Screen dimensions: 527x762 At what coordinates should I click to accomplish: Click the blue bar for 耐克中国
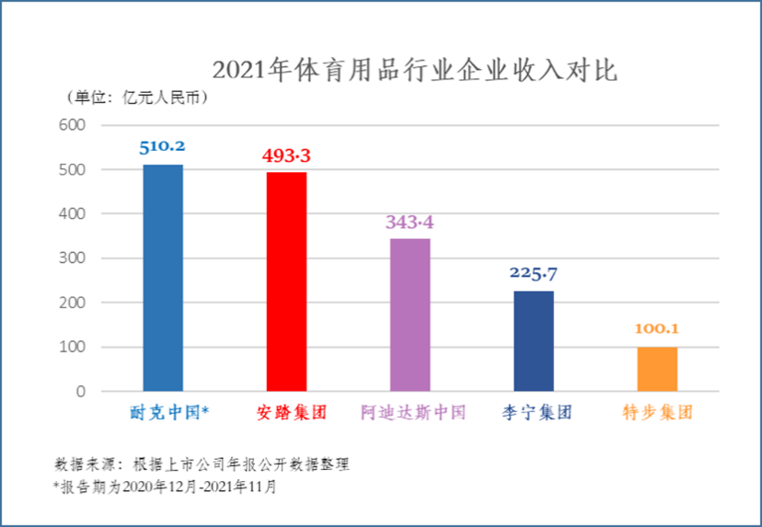click(x=163, y=278)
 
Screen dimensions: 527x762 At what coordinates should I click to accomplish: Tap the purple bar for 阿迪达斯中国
click(x=410, y=315)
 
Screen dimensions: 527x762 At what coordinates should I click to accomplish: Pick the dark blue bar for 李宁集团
click(x=534, y=341)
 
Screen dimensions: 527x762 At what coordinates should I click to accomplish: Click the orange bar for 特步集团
click(x=657, y=369)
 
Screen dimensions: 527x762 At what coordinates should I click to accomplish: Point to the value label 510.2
click(x=163, y=146)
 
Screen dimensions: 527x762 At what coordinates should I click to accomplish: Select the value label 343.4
click(x=410, y=222)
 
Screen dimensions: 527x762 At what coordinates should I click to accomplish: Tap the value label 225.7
click(x=534, y=273)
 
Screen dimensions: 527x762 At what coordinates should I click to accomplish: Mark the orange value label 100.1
click(x=657, y=329)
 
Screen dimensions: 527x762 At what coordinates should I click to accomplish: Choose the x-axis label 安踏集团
click(x=286, y=412)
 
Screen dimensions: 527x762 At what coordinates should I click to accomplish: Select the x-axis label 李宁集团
click(x=534, y=412)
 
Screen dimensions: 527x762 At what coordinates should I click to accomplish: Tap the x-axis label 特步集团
click(x=657, y=412)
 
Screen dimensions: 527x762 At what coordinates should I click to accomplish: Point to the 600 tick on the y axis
click(x=73, y=125)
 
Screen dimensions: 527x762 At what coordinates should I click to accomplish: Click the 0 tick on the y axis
click(x=81, y=392)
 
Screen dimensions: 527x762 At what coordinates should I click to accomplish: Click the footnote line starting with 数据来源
click(x=202, y=464)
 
